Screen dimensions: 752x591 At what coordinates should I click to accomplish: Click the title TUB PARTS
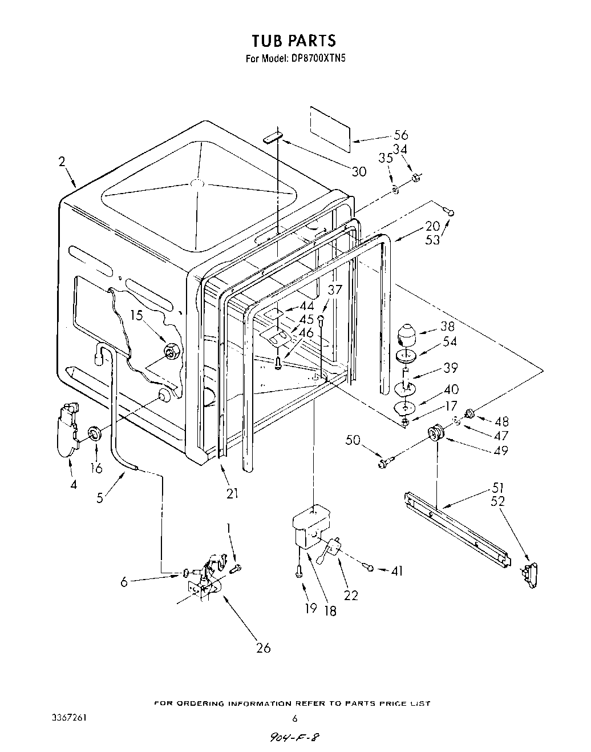[294, 41]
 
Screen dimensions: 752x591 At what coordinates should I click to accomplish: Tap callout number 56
[401, 135]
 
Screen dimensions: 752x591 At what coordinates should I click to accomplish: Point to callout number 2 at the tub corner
[62, 162]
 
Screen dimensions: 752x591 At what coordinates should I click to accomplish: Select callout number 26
[263, 648]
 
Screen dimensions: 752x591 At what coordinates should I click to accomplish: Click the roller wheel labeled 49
[437, 434]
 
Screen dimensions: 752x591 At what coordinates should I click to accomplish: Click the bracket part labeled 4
[66, 429]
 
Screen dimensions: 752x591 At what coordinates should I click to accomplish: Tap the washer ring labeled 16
[95, 433]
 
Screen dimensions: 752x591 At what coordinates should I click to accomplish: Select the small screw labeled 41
[371, 568]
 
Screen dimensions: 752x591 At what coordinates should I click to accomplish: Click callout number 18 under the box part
[330, 610]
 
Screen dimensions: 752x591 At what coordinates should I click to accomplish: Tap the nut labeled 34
[416, 178]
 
